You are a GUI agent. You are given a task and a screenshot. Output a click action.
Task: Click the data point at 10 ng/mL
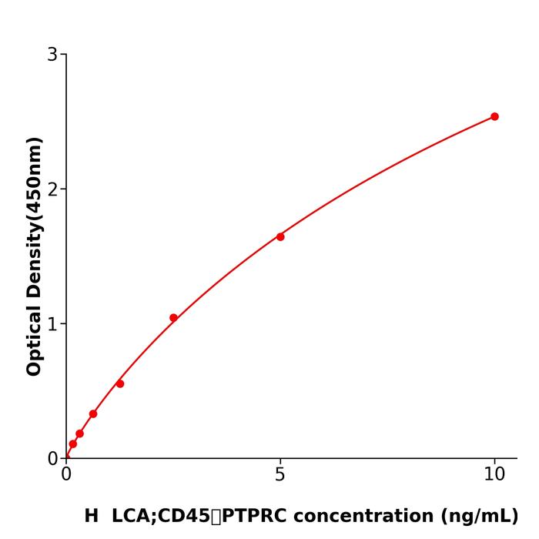(494, 117)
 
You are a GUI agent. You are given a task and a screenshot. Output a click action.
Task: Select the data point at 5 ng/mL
(280, 237)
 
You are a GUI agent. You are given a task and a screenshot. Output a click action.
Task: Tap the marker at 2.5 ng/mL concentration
(173, 318)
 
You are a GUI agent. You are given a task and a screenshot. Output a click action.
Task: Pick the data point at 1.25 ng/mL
(120, 383)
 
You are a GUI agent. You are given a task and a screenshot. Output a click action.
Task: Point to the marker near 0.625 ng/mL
(93, 414)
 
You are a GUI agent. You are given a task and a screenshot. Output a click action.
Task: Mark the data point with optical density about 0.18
(79, 434)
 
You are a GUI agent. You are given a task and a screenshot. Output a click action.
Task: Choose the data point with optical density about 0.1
(72, 444)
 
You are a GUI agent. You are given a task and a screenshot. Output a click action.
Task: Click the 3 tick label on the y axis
(52, 55)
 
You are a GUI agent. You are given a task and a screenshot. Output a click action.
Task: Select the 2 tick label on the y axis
(52, 189)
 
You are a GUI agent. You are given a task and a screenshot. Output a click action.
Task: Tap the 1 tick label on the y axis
(52, 324)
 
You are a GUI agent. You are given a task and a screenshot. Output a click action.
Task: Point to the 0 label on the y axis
(52, 459)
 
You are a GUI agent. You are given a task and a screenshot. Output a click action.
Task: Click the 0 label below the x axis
(66, 475)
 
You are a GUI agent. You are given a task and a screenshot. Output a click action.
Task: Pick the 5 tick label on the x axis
(280, 475)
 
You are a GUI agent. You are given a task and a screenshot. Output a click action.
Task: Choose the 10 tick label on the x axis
(494, 475)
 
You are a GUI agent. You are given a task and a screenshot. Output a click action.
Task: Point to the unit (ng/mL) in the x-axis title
(480, 517)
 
